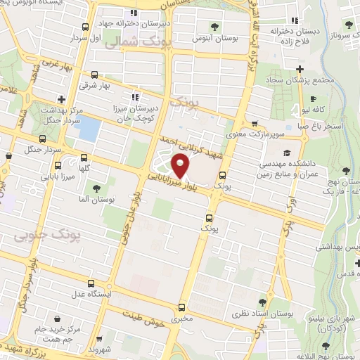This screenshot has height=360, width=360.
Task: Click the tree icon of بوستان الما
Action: [96, 188]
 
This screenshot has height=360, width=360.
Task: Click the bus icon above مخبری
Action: [183, 307]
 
